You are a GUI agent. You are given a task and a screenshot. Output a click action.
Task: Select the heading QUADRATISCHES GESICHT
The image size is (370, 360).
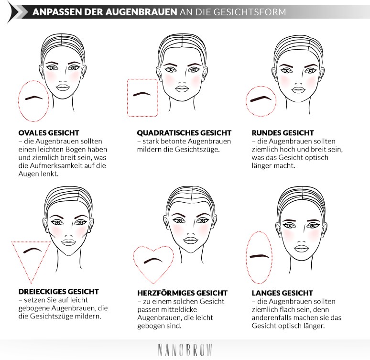click(184, 132)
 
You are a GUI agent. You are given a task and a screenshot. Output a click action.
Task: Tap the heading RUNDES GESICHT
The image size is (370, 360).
click(283, 132)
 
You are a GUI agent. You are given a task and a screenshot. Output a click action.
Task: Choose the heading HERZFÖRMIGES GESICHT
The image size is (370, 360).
click(182, 293)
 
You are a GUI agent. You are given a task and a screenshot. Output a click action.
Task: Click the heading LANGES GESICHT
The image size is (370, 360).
click(282, 293)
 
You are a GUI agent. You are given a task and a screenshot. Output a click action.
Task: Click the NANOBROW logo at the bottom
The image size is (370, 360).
click(185, 349)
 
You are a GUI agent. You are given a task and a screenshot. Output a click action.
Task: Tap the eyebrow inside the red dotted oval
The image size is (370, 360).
click(34, 98)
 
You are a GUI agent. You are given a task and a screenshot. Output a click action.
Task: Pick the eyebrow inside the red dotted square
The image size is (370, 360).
click(142, 93)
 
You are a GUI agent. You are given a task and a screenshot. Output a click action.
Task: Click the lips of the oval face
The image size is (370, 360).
click(63, 87)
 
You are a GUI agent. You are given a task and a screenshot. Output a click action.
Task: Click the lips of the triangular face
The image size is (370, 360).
click(66, 242)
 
